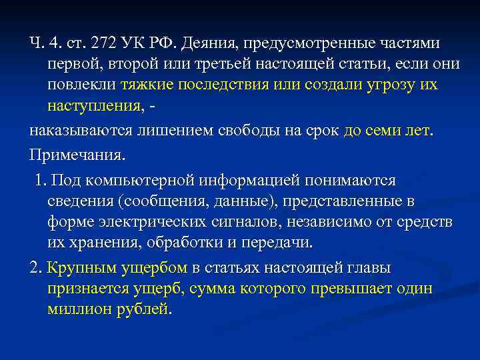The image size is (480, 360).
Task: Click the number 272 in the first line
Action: click(105, 43)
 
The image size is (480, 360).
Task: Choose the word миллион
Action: click(82, 310)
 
